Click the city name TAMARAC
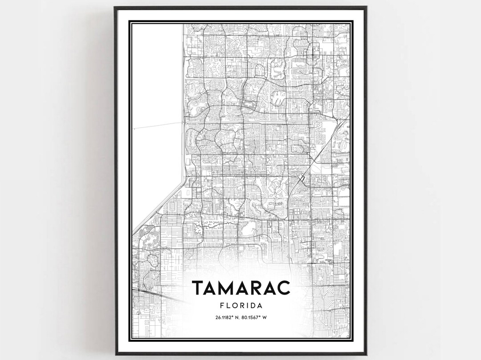(240, 287)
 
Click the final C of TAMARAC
(284, 287)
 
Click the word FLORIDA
(240, 306)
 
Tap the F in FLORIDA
(221, 306)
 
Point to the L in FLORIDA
(228, 306)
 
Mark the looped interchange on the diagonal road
(302, 178)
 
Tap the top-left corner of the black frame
(115, 8)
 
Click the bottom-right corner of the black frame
(366, 354)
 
